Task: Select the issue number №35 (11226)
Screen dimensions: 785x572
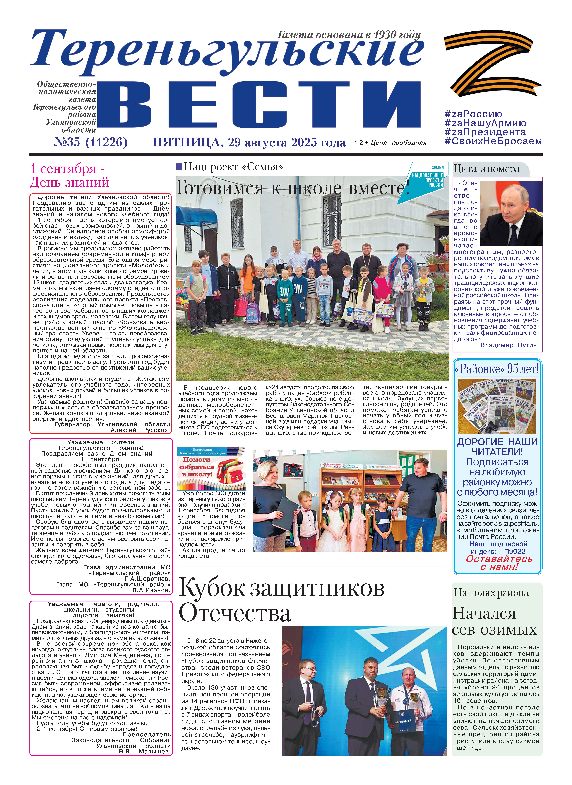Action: [x=91, y=142]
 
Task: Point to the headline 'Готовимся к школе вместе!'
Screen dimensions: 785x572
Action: [x=293, y=189]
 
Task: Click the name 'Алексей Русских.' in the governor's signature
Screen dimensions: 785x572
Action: [x=140, y=430]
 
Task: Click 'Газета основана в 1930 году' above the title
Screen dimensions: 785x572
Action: [x=349, y=35]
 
